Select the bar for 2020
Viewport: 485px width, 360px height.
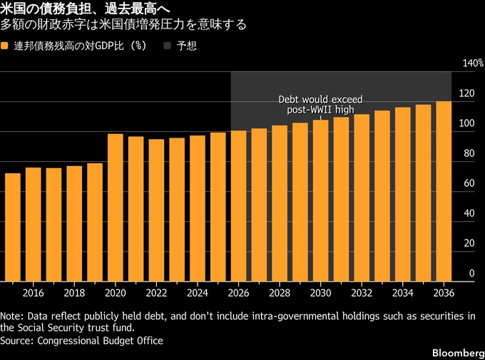click(x=115, y=207)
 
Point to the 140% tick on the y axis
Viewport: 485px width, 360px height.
click(x=464, y=63)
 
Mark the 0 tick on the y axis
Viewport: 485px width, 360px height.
click(x=471, y=274)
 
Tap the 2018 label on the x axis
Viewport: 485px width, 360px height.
click(x=74, y=293)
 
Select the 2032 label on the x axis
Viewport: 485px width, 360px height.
click(x=362, y=293)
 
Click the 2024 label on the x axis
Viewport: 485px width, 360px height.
click(x=198, y=293)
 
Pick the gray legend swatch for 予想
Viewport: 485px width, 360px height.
click(x=168, y=46)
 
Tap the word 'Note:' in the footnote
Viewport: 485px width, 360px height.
click(x=11, y=316)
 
